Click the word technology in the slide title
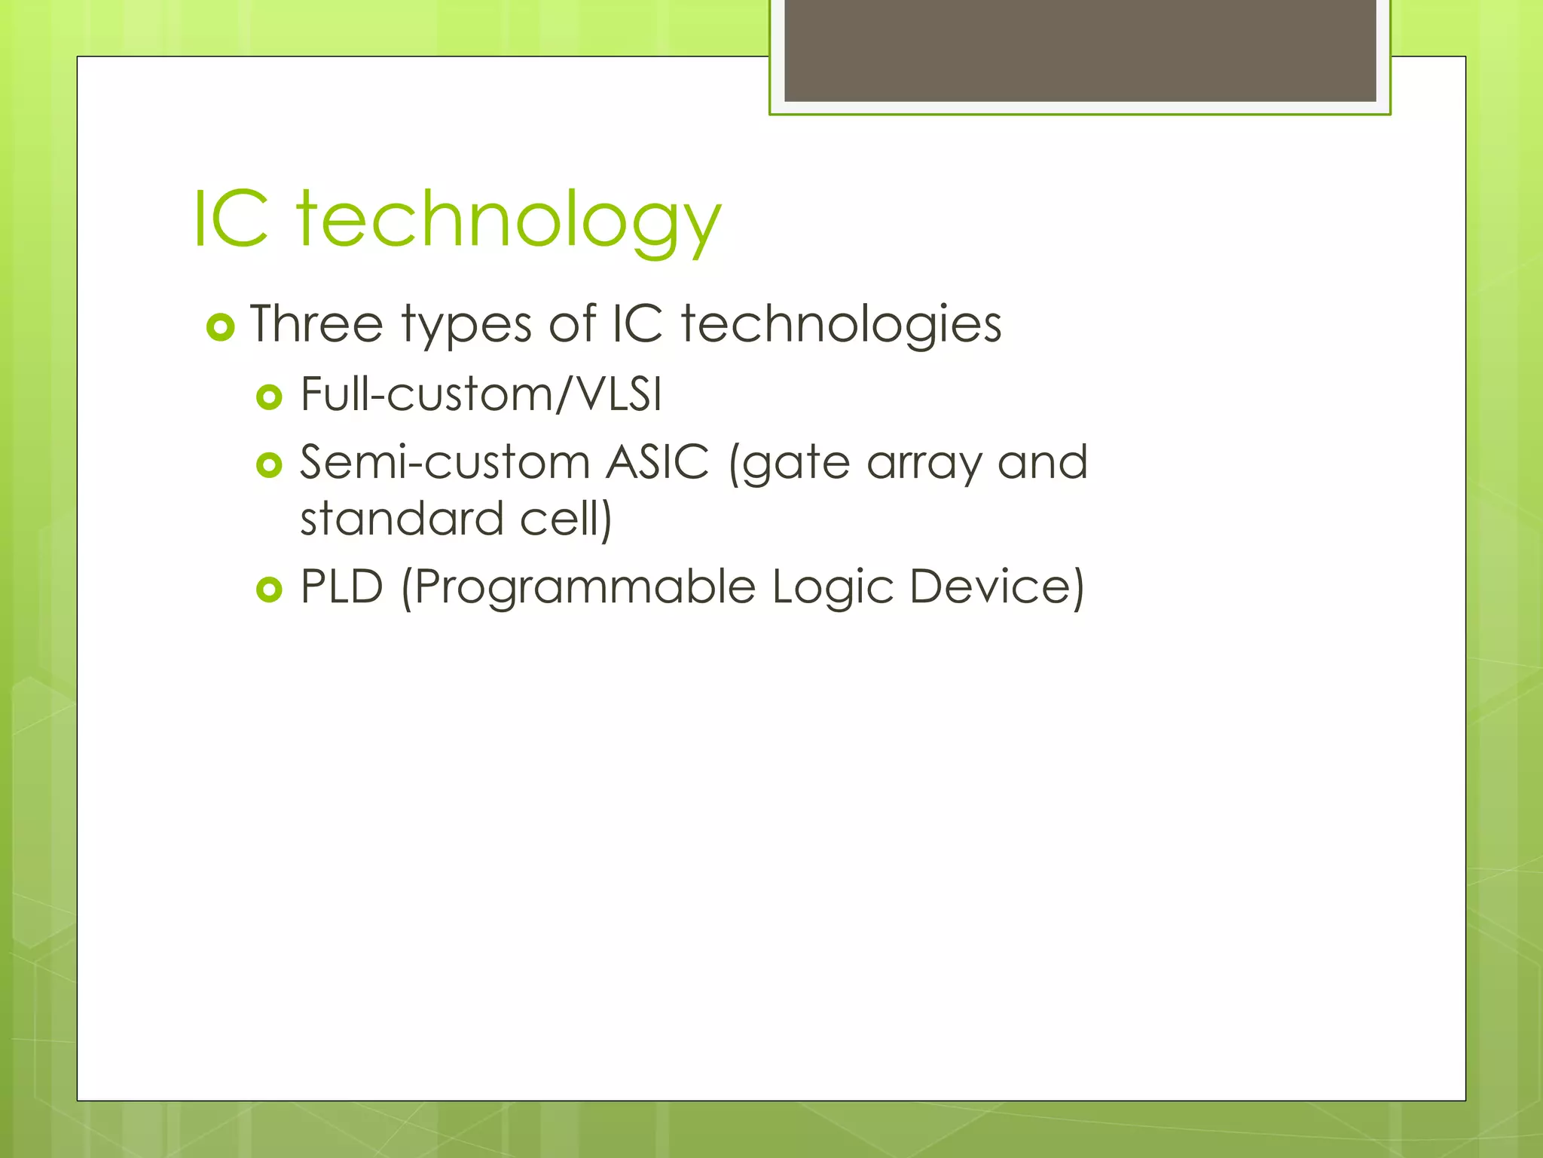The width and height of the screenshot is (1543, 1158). click(x=509, y=220)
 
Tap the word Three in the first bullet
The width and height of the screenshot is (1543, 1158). click(x=316, y=324)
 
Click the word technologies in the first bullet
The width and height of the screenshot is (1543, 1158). click(x=841, y=324)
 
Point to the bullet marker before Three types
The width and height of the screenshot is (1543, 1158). click(x=220, y=327)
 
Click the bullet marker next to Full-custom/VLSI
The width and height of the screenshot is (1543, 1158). click(x=269, y=397)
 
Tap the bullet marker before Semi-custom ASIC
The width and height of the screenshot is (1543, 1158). click(x=269, y=464)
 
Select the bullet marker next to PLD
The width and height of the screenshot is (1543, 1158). click(x=269, y=589)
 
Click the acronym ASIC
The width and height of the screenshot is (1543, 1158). click(x=658, y=461)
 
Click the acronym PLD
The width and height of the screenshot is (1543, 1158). click(x=342, y=587)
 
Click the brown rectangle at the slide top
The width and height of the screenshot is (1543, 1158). click(x=1080, y=50)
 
